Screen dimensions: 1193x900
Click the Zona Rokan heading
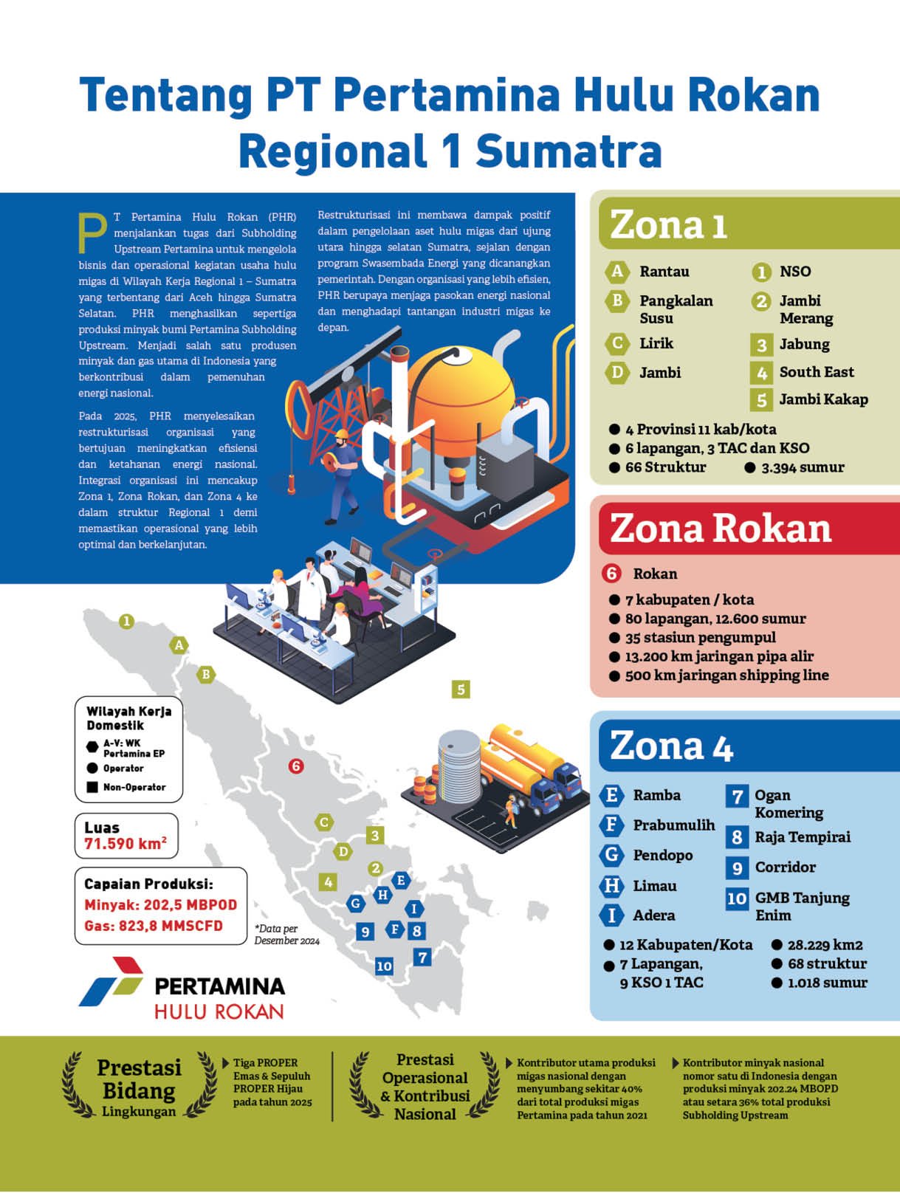pos(720,529)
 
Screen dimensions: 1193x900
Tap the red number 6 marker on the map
pos(296,766)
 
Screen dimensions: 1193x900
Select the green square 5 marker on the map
pos(461,690)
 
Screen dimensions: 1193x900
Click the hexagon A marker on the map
pos(179,645)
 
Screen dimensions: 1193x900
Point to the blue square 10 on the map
pos(384,966)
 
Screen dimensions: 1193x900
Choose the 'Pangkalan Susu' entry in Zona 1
pos(676,309)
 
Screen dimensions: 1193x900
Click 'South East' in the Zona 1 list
pos(816,372)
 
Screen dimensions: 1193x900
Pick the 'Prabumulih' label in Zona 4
pos(673,825)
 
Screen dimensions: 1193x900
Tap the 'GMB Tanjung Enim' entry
pos(802,907)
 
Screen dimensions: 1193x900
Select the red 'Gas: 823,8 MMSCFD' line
pos(154,926)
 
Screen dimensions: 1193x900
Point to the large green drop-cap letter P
pos(93,233)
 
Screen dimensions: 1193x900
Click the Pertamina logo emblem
pos(111,982)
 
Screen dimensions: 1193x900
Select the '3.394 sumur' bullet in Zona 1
pos(803,467)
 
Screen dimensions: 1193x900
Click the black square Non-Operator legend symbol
pos(92,787)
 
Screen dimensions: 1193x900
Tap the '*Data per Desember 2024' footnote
pos(286,935)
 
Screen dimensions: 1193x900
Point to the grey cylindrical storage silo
pos(459,764)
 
